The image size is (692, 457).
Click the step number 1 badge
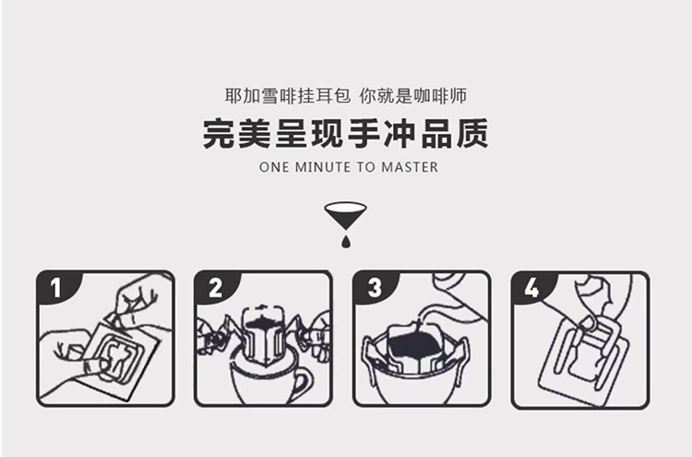pos(55,287)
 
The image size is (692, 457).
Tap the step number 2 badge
pos(215,287)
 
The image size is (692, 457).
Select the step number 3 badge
pos(374,287)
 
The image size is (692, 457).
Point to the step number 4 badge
pos(531,287)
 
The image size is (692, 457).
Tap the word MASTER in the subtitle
pos(410,167)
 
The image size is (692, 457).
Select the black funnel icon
pos(346,214)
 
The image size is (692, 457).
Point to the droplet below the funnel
pos(346,241)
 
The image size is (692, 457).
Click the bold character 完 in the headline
pos(219,133)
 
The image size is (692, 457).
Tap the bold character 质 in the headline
pos(472,133)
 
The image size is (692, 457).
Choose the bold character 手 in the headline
pos(364,133)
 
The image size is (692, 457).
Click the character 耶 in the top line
pos(234,96)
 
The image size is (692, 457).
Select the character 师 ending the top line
pos(458,96)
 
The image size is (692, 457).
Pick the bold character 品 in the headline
pos(436,133)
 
